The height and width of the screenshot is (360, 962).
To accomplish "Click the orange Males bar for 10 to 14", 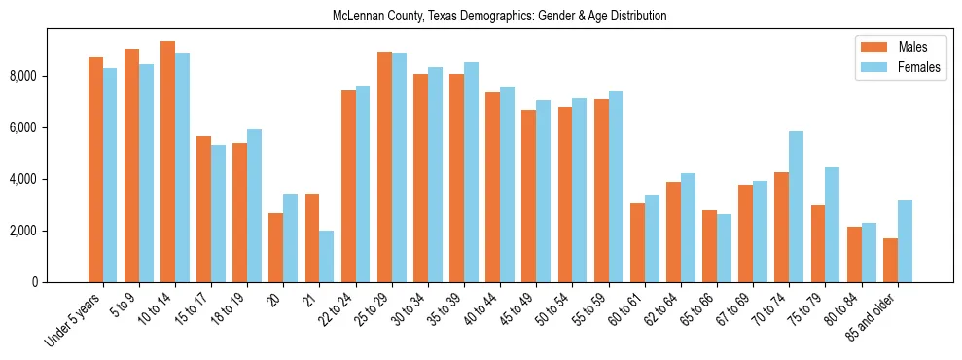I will [x=167, y=162].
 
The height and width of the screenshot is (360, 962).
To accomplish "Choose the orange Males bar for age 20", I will [x=276, y=247].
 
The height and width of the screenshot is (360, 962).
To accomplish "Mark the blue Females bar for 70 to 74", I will [x=796, y=206].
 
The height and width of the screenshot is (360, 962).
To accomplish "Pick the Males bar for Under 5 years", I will [x=95, y=169].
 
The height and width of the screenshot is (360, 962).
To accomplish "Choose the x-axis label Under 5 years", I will [x=73, y=320].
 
